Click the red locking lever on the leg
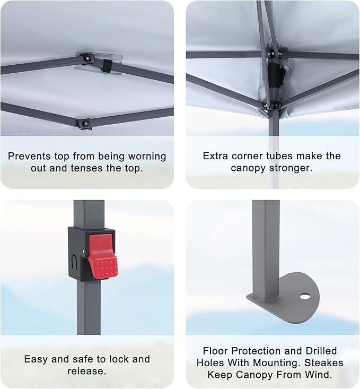pyautogui.click(x=102, y=255)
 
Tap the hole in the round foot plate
pyautogui.click(x=305, y=296)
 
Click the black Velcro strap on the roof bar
pyautogui.click(x=107, y=66)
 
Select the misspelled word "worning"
pyautogui.click(x=147, y=157)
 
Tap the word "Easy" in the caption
pyautogui.click(x=36, y=359)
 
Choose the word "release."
pyautogui.click(x=87, y=371)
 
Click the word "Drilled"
pyautogui.click(x=321, y=351)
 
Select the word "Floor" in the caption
pyautogui.click(x=215, y=351)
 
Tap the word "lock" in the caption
pyautogui.click(x=119, y=359)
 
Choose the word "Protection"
pyautogui.click(x=256, y=351)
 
